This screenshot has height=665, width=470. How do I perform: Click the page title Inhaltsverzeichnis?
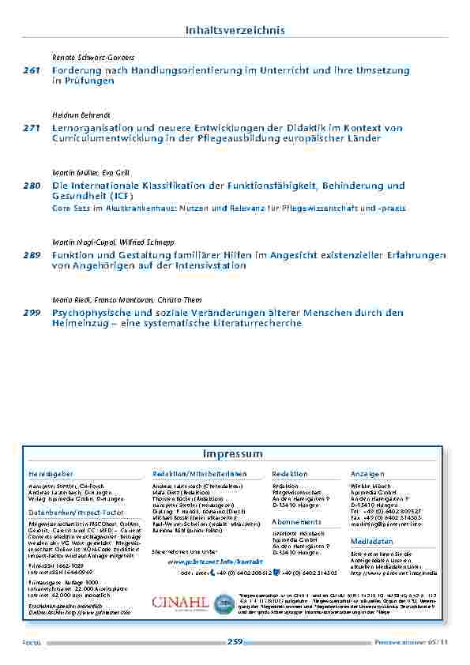(x=235, y=30)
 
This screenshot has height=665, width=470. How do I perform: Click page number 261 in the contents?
(x=32, y=71)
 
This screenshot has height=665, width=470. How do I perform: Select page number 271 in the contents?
(x=32, y=128)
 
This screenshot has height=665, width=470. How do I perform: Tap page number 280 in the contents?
(x=32, y=185)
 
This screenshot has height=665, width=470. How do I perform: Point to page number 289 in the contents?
(x=32, y=256)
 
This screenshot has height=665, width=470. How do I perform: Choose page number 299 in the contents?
(x=32, y=313)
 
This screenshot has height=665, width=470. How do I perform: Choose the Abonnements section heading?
(x=297, y=522)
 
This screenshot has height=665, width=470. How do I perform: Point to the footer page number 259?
(x=235, y=642)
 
